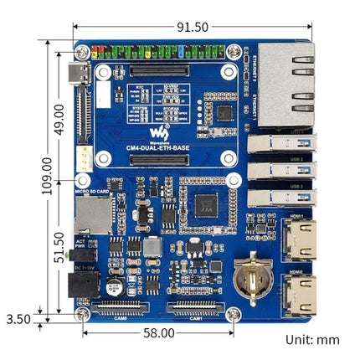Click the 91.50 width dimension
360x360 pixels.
tap(192, 27)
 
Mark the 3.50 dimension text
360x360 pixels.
tap(18, 318)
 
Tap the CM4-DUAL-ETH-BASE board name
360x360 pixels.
tap(159, 147)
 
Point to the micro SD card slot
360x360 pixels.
tap(85, 219)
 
